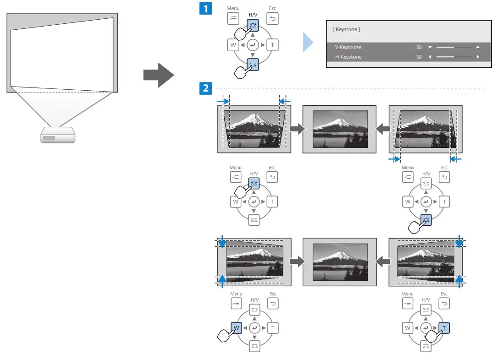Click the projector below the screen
57,135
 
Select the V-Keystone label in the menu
348,47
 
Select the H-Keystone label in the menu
348,57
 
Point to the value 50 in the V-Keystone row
419,47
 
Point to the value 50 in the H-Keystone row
419,57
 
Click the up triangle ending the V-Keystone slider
477,47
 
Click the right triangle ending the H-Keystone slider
477,57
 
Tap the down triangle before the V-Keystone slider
430,47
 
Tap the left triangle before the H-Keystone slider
430,57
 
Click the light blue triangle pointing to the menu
307,45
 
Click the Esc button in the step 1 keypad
272,19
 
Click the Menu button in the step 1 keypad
233,19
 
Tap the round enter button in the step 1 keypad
253,44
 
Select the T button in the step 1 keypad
272,44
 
